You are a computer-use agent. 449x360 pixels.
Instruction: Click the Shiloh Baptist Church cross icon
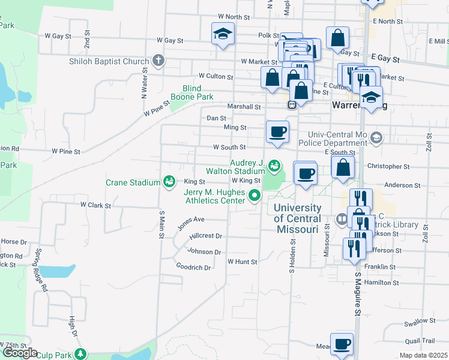point(158,60)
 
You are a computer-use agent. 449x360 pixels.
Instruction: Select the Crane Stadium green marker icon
point(169,182)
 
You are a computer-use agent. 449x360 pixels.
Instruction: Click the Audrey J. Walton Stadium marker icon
point(274,164)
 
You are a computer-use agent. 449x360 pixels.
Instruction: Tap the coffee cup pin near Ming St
point(277,131)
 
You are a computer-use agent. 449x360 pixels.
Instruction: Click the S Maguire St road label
point(357,294)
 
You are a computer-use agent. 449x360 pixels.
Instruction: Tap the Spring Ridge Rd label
point(41,270)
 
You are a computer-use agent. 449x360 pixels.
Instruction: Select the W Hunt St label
point(242,262)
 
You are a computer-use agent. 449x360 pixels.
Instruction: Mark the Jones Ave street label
point(191,223)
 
